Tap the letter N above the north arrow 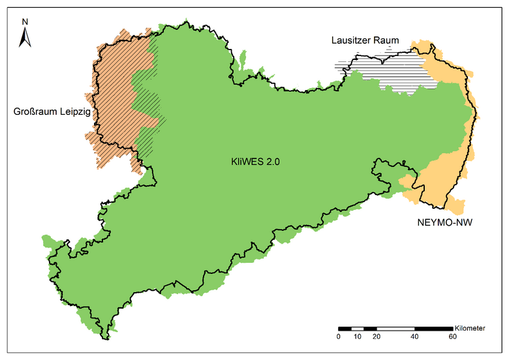25,22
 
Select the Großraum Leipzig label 52,112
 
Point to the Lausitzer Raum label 365,40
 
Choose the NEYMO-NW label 444,223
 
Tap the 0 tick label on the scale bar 338,337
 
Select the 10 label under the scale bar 357,337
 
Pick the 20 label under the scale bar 376,337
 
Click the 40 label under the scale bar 414,337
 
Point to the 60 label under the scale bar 452,337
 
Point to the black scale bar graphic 395,327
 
